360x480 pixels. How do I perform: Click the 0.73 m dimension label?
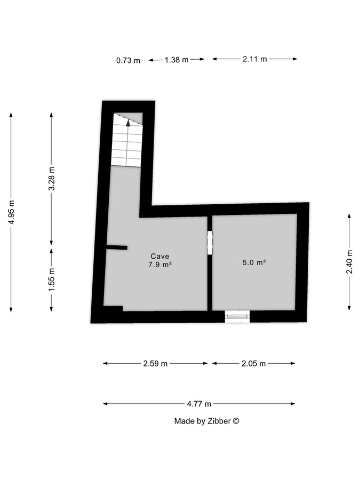pos(128,60)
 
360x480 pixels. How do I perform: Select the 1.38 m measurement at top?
pos(177,60)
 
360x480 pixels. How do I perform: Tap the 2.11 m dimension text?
pos(254,59)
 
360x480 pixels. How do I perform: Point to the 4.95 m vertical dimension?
pos(11,212)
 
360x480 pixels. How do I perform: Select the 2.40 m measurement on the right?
pos(349,262)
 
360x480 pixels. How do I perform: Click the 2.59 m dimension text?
pos(155,364)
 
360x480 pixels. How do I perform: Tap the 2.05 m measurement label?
pos(253,364)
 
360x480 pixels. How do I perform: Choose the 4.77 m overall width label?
pos(199,404)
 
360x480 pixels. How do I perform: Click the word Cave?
pos(160,255)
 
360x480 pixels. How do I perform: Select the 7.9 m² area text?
pos(160,264)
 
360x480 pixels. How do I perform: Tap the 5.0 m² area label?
pos(254,262)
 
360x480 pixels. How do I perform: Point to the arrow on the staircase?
pos(128,122)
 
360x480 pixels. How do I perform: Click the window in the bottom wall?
pos(237,316)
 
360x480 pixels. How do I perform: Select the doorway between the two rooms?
pos(210,242)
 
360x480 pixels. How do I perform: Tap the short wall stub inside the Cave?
pos(116,247)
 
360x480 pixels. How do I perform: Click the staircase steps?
pos(126,147)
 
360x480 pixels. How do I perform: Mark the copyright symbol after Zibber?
pos(236,421)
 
